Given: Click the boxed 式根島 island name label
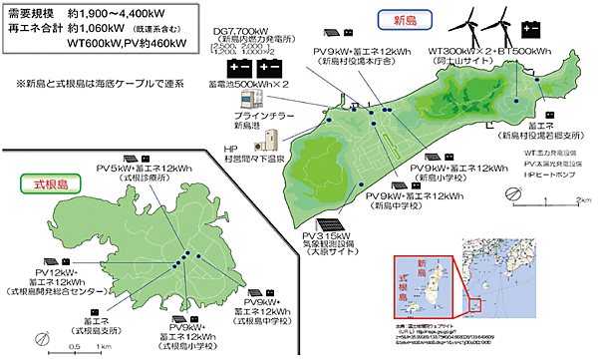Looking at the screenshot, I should click(x=43, y=184).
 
